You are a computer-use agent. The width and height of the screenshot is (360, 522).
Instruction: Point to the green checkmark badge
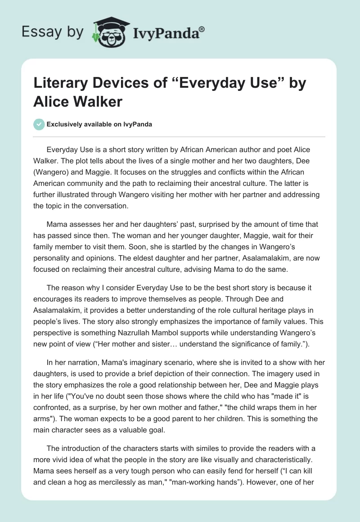point(39,124)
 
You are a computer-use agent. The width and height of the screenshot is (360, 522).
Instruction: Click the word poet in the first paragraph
point(279,149)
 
